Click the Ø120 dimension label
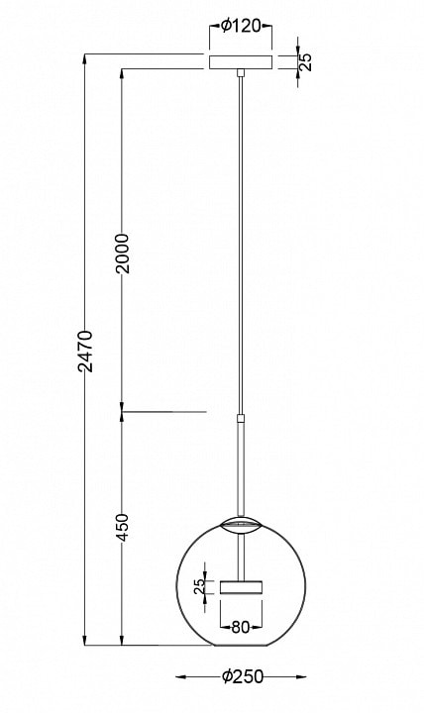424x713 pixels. [240, 27]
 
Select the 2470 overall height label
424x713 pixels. [85, 352]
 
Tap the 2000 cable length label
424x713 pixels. [122, 254]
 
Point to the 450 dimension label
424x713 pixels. [122, 528]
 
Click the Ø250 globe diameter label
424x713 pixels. [243, 676]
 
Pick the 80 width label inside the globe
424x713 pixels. [241, 628]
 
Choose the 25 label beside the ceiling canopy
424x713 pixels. [307, 61]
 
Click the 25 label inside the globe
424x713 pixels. [199, 587]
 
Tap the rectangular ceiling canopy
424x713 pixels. [241, 62]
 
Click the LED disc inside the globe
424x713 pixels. [241, 587]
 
